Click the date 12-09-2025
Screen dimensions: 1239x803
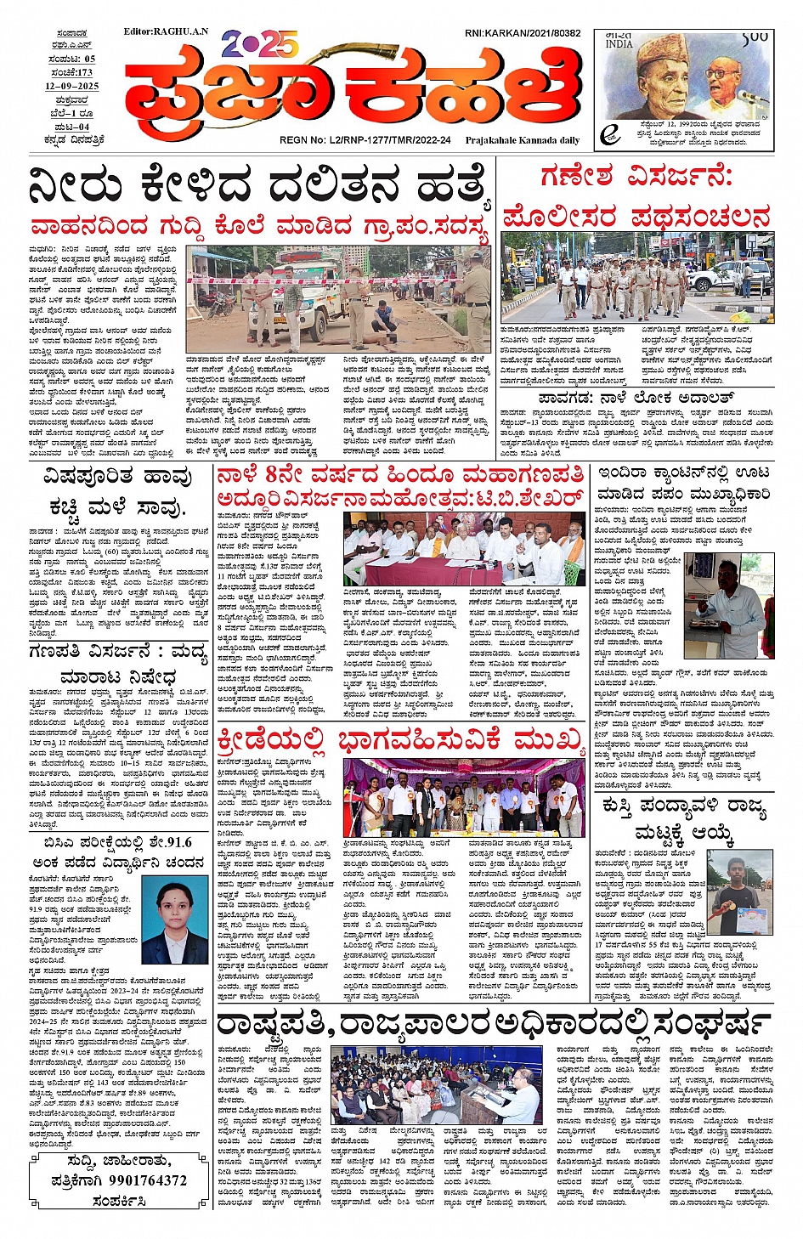point(72,87)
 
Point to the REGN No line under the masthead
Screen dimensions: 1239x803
point(365,140)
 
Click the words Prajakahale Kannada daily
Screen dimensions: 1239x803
point(523,140)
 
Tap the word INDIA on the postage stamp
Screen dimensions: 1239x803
point(619,42)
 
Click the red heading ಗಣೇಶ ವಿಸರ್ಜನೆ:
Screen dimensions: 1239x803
point(636,177)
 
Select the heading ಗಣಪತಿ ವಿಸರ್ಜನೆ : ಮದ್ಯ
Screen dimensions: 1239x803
point(117,653)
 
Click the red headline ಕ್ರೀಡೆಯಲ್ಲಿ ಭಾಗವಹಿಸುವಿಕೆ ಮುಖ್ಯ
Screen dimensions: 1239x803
point(401,741)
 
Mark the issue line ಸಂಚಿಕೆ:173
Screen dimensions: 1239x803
point(71,73)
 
